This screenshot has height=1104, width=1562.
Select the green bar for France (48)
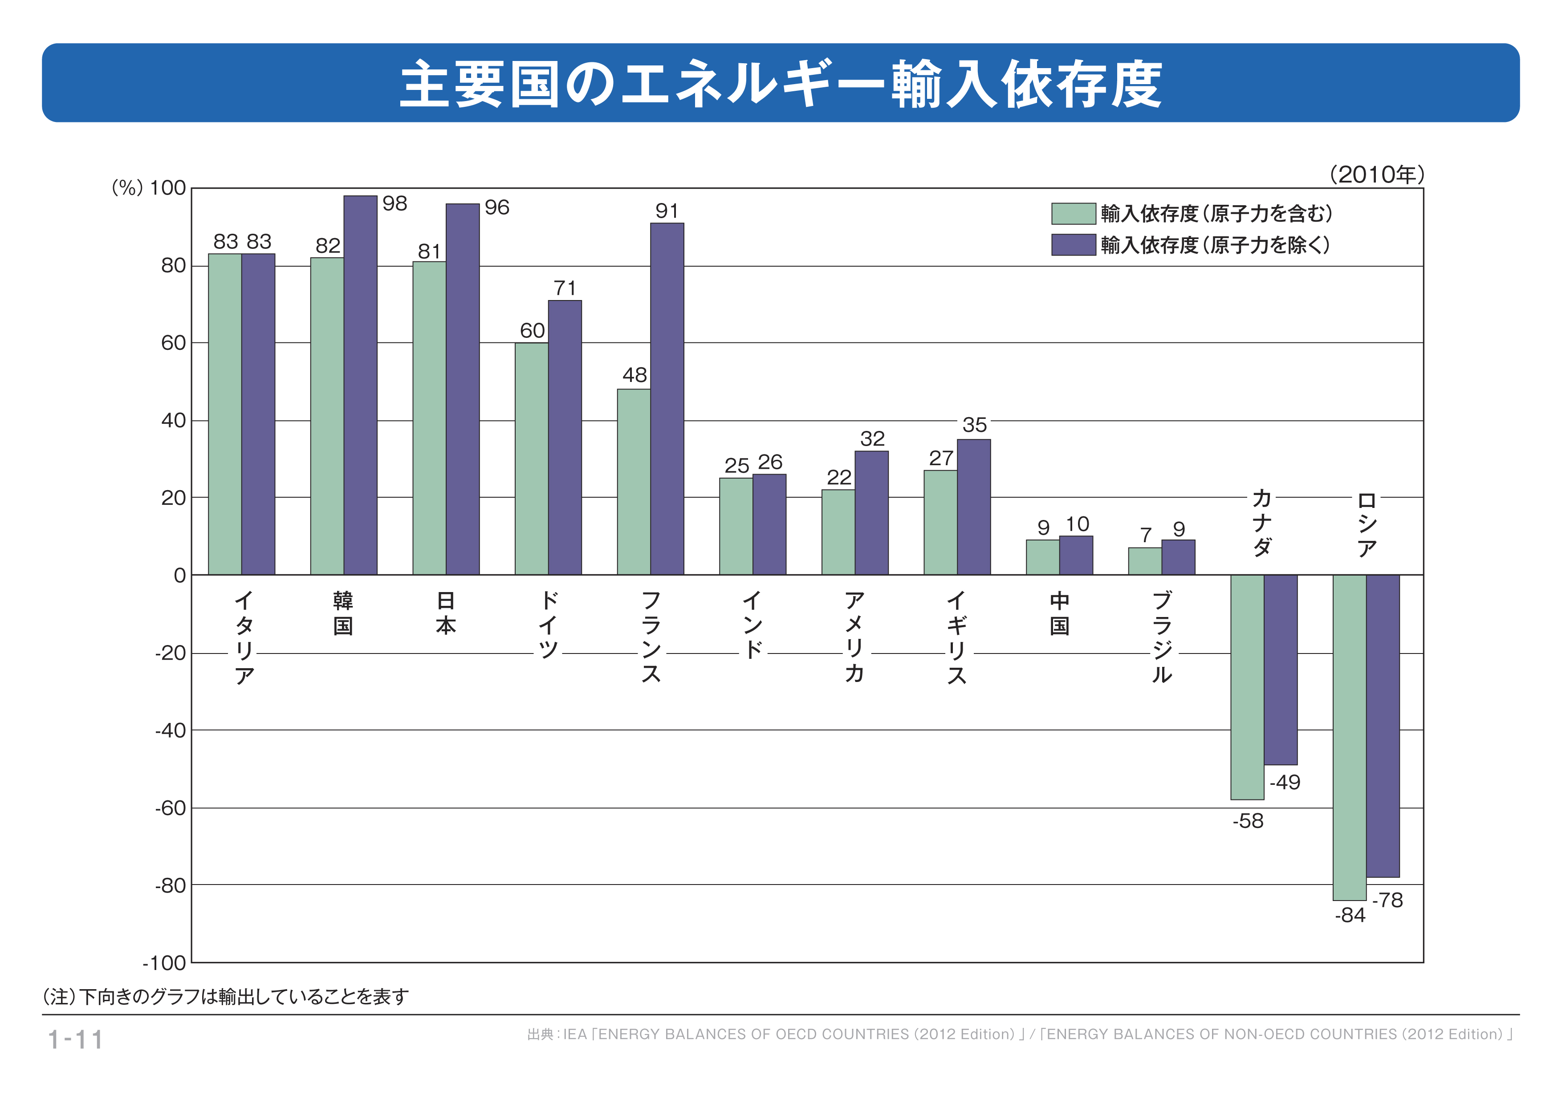[633, 482]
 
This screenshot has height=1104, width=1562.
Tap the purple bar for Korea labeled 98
[360, 385]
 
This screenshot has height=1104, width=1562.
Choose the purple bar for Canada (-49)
[1280, 670]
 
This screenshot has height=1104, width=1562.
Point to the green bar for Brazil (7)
[1144, 561]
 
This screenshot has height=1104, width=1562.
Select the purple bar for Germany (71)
[565, 438]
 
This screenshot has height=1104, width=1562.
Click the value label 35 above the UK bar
[974, 425]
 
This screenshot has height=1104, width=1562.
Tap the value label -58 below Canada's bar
[1248, 821]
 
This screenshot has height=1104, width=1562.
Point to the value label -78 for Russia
[1387, 900]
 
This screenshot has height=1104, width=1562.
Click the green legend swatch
[1073, 214]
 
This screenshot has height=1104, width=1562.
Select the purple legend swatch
[1073, 245]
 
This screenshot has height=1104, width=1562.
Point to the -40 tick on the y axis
[170, 731]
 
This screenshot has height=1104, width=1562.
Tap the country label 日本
[446, 613]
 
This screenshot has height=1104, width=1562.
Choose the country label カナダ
[1262, 523]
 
